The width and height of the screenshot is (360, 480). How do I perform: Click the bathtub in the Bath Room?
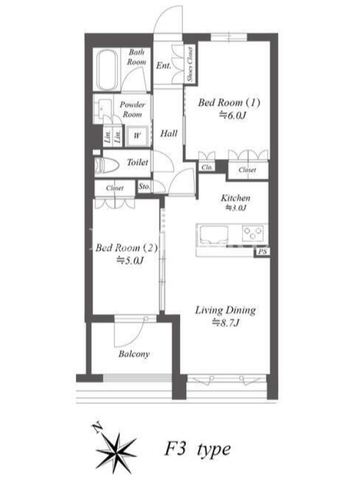[x=107, y=70]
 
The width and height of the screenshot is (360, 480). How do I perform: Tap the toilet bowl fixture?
[x=107, y=166]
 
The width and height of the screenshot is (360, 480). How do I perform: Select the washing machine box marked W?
[x=137, y=136]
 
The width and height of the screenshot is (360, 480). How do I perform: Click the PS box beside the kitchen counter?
[x=262, y=252]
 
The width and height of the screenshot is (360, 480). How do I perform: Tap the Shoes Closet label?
[x=190, y=64]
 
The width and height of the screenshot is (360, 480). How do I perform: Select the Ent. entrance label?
[x=163, y=65]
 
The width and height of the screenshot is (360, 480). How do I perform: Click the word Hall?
[x=169, y=133]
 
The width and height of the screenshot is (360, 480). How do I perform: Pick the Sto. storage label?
[x=144, y=186]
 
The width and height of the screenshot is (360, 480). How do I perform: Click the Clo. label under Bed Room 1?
[x=207, y=167]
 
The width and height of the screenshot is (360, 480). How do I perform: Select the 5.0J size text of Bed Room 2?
[x=130, y=260]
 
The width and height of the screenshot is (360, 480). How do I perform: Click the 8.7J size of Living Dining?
[x=226, y=323]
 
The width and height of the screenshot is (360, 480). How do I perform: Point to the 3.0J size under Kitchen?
[x=236, y=208]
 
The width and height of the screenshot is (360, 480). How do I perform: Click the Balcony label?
[x=134, y=354]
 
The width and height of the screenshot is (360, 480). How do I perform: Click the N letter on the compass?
[x=97, y=428]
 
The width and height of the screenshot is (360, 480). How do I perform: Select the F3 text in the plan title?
[x=175, y=449]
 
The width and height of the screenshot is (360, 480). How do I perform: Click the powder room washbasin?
[x=103, y=107]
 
